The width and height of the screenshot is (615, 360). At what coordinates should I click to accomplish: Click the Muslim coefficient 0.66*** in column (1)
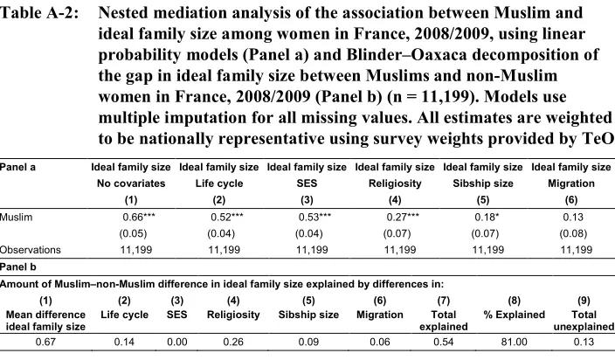coord(139,217)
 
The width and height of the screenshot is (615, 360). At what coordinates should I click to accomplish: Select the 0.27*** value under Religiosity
coord(403,217)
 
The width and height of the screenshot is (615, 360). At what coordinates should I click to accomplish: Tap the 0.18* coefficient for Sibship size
coord(487,217)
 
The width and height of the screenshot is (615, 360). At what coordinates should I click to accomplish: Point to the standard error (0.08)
coord(573,233)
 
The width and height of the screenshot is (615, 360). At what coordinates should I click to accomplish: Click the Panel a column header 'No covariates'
coord(131,183)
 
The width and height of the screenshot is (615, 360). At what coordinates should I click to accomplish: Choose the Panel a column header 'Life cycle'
coord(219,183)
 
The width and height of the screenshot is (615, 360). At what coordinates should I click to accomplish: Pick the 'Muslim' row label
coord(16,218)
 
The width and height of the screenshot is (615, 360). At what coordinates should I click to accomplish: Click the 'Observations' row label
coord(31,250)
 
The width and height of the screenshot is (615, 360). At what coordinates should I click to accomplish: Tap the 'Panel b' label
coord(18,267)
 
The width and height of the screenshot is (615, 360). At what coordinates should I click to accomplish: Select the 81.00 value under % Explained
coord(514,342)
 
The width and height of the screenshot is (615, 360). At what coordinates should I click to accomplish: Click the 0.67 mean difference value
coord(45,342)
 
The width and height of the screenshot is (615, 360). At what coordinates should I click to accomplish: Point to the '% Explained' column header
coord(515,315)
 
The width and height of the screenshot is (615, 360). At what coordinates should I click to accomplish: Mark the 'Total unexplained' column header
coord(584,321)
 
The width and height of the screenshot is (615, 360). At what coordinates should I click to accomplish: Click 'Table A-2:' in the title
coord(39,13)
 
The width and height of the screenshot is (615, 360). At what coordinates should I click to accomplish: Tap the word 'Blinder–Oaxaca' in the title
coord(406,54)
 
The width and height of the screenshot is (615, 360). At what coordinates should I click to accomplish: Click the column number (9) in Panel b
coord(584,301)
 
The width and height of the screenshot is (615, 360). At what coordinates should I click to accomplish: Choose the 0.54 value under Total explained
coord(444,342)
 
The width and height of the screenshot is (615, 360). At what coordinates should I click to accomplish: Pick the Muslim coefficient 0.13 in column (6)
coord(573,217)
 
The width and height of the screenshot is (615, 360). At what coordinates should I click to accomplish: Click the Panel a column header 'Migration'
coord(571,183)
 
